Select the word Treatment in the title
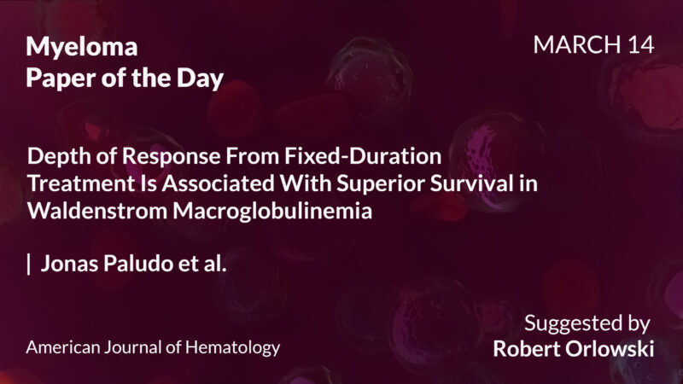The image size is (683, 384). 73,185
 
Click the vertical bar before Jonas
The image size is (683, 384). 29,264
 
